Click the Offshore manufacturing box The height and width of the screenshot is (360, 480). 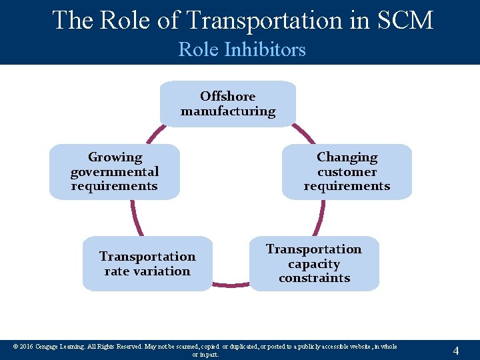[227, 103]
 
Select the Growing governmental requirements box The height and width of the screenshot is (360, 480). [115, 171]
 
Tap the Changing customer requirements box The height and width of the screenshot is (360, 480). [347, 171]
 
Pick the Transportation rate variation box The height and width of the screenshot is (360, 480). [147, 263]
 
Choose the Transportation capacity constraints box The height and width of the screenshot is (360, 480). [314, 263]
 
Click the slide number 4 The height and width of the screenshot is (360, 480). [455, 350]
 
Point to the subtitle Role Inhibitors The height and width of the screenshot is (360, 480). [242, 49]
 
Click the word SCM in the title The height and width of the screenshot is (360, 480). [404, 20]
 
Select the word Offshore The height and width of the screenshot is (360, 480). [227, 96]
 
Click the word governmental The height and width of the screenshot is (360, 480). [115, 171]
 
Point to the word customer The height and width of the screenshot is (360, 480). [347, 171]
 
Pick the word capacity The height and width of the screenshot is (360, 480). [314, 263]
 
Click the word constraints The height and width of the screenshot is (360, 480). [314, 278]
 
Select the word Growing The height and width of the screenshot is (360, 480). [115, 157]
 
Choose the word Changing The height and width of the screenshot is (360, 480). [347, 157]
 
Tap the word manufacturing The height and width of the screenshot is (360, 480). [227, 111]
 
